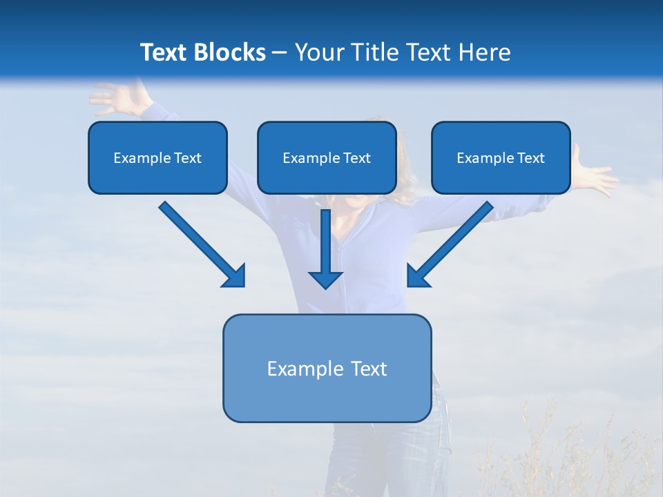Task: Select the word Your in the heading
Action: (316, 52)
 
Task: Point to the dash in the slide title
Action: (280, 52)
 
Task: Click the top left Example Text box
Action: (157, 157)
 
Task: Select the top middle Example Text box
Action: (327, 157)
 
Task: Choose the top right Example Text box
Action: (501, 157)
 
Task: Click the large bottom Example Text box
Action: (327, 368)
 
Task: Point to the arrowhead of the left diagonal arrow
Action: (234, 275)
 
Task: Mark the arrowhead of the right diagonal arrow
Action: (417, 275)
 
